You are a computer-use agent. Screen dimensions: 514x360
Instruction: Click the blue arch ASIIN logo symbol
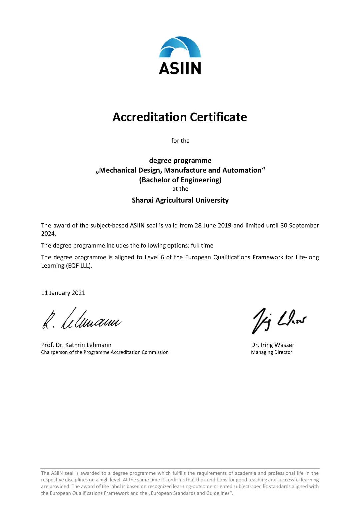(x=180, y=47)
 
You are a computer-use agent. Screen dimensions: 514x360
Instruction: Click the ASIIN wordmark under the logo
(x=180, y=68)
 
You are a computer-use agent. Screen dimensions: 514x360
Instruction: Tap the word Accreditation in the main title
(x=150, y=117)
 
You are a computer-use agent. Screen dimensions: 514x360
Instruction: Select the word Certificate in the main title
(x=218, y=117)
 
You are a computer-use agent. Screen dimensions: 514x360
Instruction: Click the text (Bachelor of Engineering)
(x=180, y=180)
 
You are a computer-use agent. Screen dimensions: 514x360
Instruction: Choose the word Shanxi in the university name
(x=142, y=200)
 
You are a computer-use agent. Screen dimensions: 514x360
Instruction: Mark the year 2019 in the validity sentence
(x=224, y=225)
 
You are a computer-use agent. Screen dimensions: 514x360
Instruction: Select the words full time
(x=202, y=246)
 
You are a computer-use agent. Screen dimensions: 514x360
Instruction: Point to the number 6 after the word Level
(x=162, y=257)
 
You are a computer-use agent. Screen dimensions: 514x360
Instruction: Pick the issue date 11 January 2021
(x=63, y=293)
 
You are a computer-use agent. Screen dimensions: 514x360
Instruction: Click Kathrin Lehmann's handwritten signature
(x=82, y=319)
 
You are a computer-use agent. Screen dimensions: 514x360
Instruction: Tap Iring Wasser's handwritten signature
(x=279, y=320)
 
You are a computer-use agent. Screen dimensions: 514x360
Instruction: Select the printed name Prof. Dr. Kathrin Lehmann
(x=76, y=345)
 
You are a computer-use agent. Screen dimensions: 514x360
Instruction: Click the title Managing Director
(x=271, y=352)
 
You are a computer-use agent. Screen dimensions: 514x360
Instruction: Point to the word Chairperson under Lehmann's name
(x=54, y=352)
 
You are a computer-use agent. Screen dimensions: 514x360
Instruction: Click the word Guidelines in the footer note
(x=218, y=493)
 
